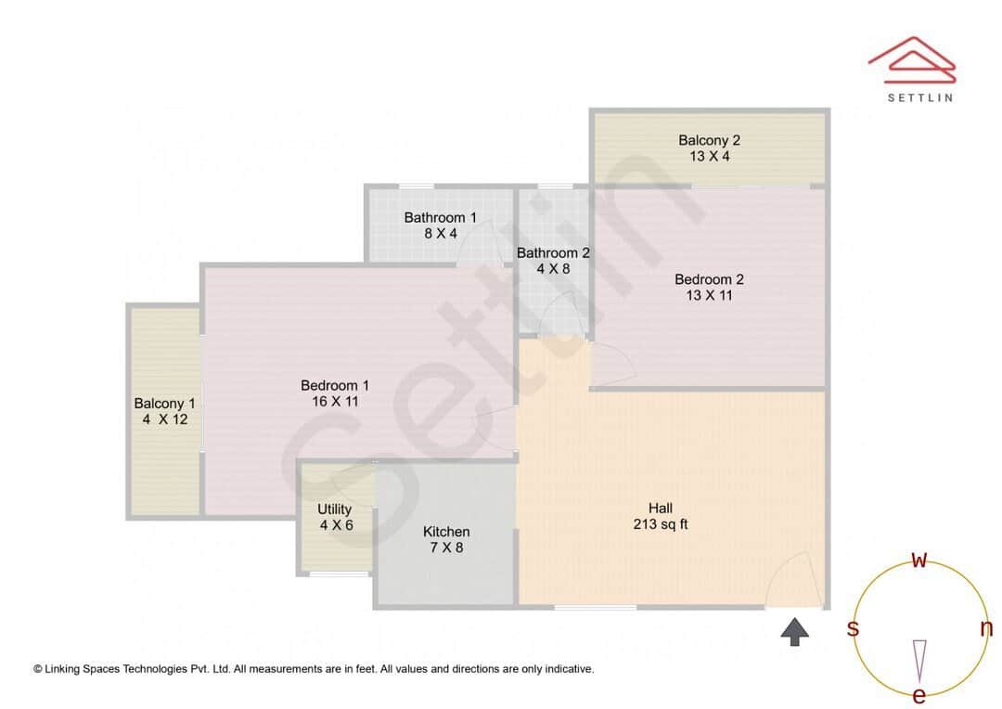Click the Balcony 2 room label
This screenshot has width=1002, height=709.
(x=709, y=140)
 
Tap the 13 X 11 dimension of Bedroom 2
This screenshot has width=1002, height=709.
(x=709, y=296)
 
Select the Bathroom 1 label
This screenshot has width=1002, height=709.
(x=441, y=218)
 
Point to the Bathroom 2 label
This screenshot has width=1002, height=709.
(x=553, y=252)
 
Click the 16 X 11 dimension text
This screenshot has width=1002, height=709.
(x=335, y=402)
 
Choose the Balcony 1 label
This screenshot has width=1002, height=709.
(x=164, y=404)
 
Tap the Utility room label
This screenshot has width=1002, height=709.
(x=335, y=509)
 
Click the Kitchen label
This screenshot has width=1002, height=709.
(x=446, y=532)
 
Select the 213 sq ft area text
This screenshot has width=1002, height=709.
(x=660, y=524)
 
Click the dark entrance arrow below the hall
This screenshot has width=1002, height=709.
(x=794, y=632)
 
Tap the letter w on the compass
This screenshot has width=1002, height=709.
(x=918, y=560)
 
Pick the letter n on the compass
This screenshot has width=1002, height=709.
(x=986, y=628)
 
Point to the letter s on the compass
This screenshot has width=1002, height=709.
(x=853, y=628)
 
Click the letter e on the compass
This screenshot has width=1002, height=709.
(x=919, y=696)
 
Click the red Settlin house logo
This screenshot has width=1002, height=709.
(x=911, y=58)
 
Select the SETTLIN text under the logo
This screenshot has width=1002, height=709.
(x=920, y=97)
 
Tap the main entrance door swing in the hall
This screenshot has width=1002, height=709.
(x=794, y=580)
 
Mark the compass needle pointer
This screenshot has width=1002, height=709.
(x=919, y=659)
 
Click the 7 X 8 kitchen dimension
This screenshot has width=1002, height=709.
(x=446, y=548)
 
